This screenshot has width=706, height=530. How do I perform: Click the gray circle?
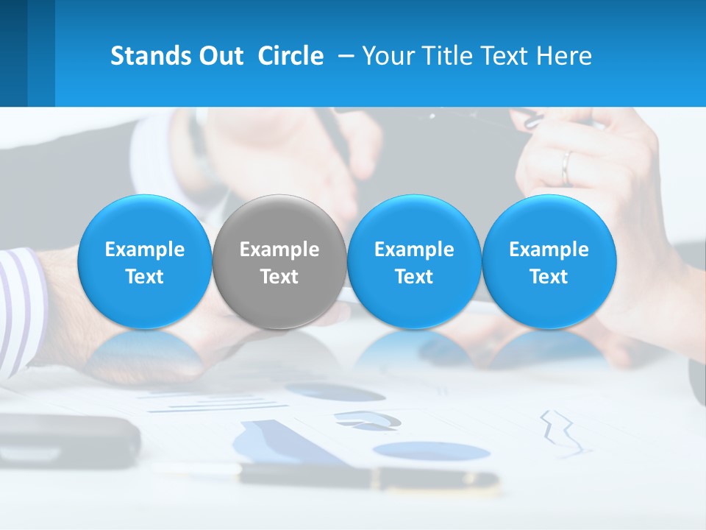[x=279, y=262]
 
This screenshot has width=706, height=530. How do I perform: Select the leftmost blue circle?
[x=145, y=262]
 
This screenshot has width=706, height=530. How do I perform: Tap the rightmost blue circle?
[x=549, y=262]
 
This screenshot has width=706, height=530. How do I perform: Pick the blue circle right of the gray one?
[x=414, y=262]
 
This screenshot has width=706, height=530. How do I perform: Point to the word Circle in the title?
[x=290, y=56]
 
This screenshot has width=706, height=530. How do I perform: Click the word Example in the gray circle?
[x=279, y=250]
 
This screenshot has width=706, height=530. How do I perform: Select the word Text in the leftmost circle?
[x=145, y=277]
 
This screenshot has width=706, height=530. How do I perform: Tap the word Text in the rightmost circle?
[x=549, y=277]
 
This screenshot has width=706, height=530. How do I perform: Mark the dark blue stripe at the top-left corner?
[x=13, y=53]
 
